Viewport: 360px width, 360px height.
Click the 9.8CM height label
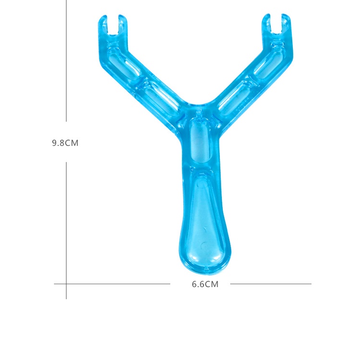pos(65,143)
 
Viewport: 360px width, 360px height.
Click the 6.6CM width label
pos(205,284)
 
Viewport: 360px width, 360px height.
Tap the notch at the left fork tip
pos(113,26)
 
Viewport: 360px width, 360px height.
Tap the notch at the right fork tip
pos(276,24)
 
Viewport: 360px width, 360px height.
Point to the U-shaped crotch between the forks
pos(199,102)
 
